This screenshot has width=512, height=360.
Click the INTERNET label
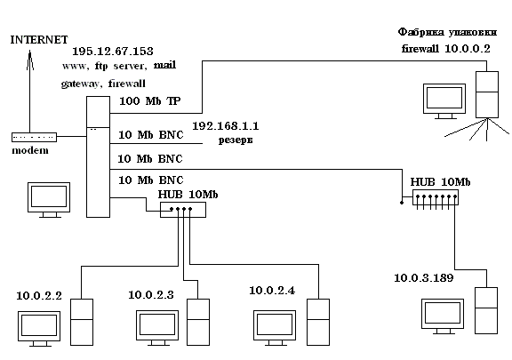pyautogui.click(x=39, y=40)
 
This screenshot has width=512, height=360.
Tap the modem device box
pyautogui.click(x=35, y=137)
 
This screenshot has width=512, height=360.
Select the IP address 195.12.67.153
pyautogui.click(x=113, y=52)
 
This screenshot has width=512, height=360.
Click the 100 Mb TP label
pyautogui.click(x=150, y=101)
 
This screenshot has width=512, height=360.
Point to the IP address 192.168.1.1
pyautogui.click(x=226, y=126)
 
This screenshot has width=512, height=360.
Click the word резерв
pyautogui.click(x=236, y=140)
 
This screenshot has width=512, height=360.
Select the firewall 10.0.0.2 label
pyautogui.click(x=446, y=49)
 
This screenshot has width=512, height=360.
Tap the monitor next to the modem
pyautogui.click(x=49, y=200)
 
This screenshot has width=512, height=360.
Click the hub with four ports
pyautogui.click(x=183, y=210)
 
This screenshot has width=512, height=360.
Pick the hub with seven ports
pyautogui.click(x=436, y=197)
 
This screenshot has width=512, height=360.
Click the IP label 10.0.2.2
pyautogui.click(x=39, y=296)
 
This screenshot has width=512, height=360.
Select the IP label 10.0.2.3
pyautogui.click(x=151, y=295)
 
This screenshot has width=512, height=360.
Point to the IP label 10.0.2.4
pyautogui.click(x=272, y=291)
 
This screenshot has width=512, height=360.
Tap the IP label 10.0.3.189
pyautogui.click(x=424, y=278)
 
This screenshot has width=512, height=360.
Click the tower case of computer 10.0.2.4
pyautogui.click(x=318, y=322)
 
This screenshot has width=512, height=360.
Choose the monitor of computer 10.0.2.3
pyautogui.click(x=157, y=328)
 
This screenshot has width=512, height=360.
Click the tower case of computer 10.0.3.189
pyautogui.click(x=486, y=310)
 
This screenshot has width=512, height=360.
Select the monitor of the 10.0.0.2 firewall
pyautogui.click(x=444, y=101)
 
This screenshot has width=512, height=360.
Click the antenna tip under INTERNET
pyautogui.click(x=29, y=51)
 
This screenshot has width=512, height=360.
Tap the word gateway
pyautogui.click(x=80, y=84)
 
